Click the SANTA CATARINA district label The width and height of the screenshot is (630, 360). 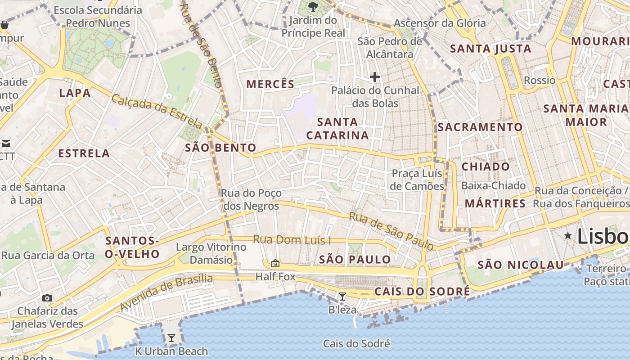[337, 129]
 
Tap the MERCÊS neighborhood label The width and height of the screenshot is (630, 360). [270, 84]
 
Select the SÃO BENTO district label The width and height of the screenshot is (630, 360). [220, 148]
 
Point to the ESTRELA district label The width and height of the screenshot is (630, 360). [84, 153]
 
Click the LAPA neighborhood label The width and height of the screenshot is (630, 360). [75, 93]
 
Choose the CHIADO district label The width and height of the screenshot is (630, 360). [486, 166]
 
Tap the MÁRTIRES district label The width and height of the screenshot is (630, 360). [495, 203]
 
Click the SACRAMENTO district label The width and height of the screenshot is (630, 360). [480, 127]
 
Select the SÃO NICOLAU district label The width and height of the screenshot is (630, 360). [521, 265]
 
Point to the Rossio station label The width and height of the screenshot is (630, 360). [540, 81]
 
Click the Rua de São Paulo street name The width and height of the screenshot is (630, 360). [391, 231]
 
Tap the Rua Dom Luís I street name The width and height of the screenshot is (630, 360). [292, 239]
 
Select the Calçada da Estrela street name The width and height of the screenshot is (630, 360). [157, 111]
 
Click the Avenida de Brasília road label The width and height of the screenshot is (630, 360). [166, 292]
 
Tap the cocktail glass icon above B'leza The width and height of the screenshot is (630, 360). [342, 296]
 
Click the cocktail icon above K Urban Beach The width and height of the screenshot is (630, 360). [171, 338]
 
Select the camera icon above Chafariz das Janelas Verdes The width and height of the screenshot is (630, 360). [47, 298]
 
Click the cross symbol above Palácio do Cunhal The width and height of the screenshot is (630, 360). [374, 77]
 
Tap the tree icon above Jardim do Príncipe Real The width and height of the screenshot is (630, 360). [313, 6]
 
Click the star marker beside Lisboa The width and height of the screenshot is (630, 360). [568, 235]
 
